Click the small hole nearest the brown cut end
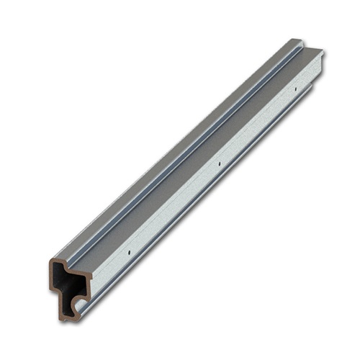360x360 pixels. (128, 254)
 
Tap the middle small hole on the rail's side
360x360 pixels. (218, 164)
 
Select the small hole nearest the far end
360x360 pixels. (295, 90)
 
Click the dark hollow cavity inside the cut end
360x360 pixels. (66, 281)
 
